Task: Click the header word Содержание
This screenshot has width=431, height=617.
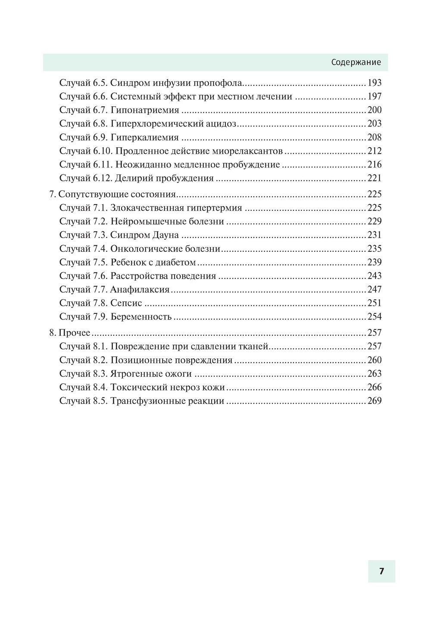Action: (356, 62)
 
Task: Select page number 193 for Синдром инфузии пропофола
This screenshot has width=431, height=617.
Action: (375, 83)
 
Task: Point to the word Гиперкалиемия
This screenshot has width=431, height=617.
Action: (144, 137)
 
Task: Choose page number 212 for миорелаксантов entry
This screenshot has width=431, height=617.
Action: (375, 151)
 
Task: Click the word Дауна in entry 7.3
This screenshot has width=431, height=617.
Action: (166, 235)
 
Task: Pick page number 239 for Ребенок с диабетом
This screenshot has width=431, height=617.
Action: (375, 262)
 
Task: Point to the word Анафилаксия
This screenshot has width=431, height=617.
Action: (140, 289)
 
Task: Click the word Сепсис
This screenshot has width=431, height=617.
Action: (126, 303)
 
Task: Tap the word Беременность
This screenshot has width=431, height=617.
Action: (141, 317)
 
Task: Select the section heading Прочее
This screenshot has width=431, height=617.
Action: (74, 333)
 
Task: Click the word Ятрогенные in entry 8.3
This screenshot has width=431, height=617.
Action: (136, 374)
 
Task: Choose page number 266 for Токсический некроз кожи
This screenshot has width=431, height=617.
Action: (375, 387)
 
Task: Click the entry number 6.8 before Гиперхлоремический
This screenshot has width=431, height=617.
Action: (100, 124)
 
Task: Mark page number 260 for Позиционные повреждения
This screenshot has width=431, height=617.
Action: (375, 360)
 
